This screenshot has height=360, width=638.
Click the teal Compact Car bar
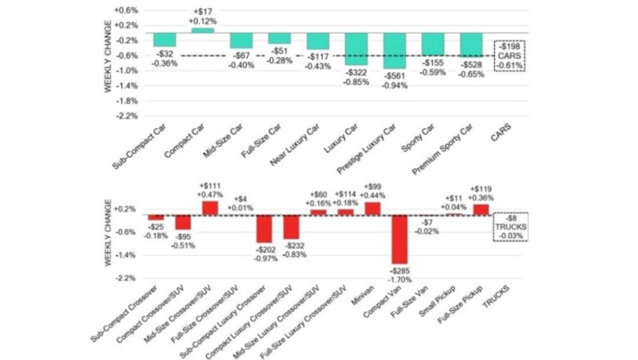click(202, 30)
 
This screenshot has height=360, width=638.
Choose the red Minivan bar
click(372, 209)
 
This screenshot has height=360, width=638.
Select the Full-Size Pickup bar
click(481, 209)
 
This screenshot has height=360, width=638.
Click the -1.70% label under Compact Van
click(400, 279)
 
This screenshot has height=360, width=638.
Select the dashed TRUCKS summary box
click(510, 224)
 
